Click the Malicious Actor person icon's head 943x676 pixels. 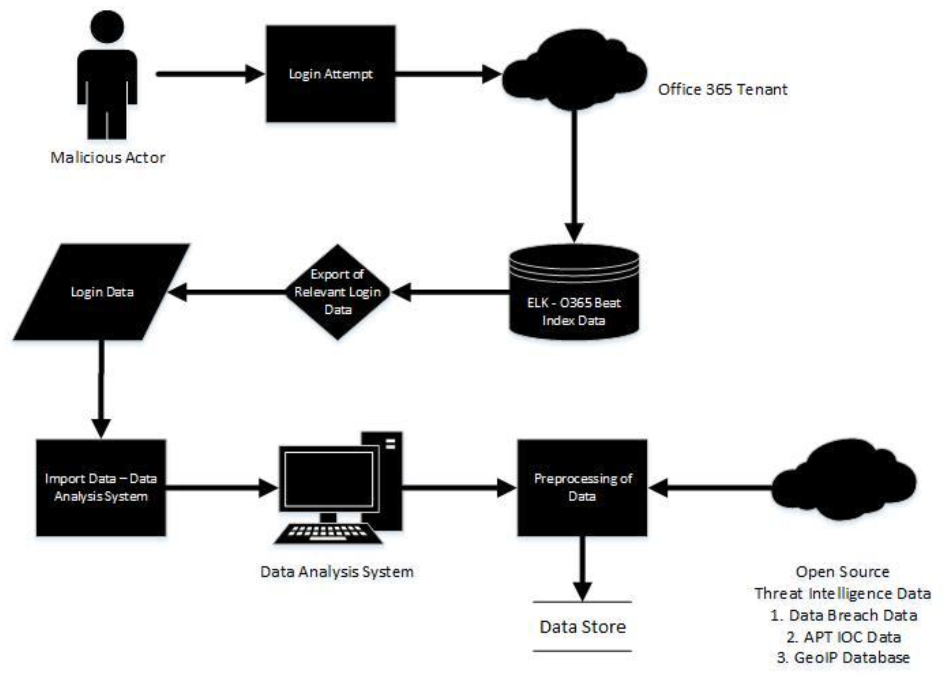click(x=107, y=26)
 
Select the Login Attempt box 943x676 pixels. click(x=331, y=74)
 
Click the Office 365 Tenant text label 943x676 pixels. click(x=722, y=90)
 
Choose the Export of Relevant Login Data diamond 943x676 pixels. click(x=337, y=292)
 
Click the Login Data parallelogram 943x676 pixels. click(x=102, y=292)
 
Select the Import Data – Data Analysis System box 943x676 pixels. click(x=101, y=487)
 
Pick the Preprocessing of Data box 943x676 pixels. click(x=582, y=487)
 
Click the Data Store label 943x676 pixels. click(x=582, y=626)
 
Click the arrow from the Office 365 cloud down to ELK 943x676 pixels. click(x=574, y=175)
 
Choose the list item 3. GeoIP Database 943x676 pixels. click(x=843, y=658)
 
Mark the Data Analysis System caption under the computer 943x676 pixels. click(x=337, y=572)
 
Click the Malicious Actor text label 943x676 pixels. click(x=108, y=158)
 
